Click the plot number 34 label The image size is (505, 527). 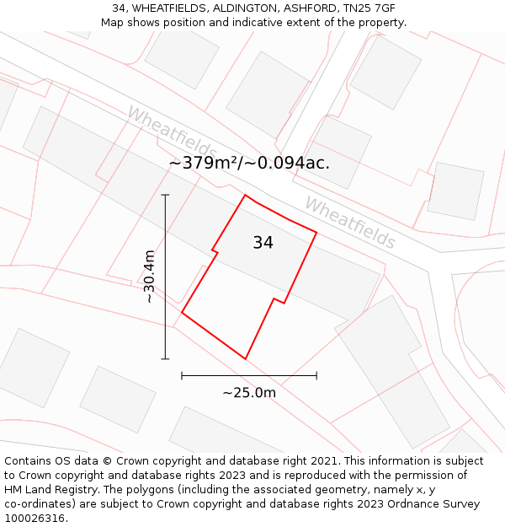[x=263, y=243]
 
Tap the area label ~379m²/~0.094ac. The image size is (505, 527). [x=249, y=163]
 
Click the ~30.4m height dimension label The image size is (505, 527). [x=149, y=277]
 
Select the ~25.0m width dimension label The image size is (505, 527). [x=249, y=392]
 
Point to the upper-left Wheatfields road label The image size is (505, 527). [x=172, y=134]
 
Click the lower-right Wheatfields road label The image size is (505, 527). [x=349, y=223]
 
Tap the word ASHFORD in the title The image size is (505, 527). [x=301, y=8]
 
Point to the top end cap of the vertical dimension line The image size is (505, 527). [x=165, y=196]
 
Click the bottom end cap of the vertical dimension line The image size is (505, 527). [x=165, y=359]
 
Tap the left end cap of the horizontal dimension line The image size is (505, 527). [x=182, y=375]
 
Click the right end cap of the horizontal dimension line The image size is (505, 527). [x=316, y=375]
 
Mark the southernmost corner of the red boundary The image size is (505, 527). [x=246, y=359]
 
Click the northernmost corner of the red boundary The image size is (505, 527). [x=245, y=196]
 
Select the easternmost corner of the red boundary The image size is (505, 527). [x=316, y=232]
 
